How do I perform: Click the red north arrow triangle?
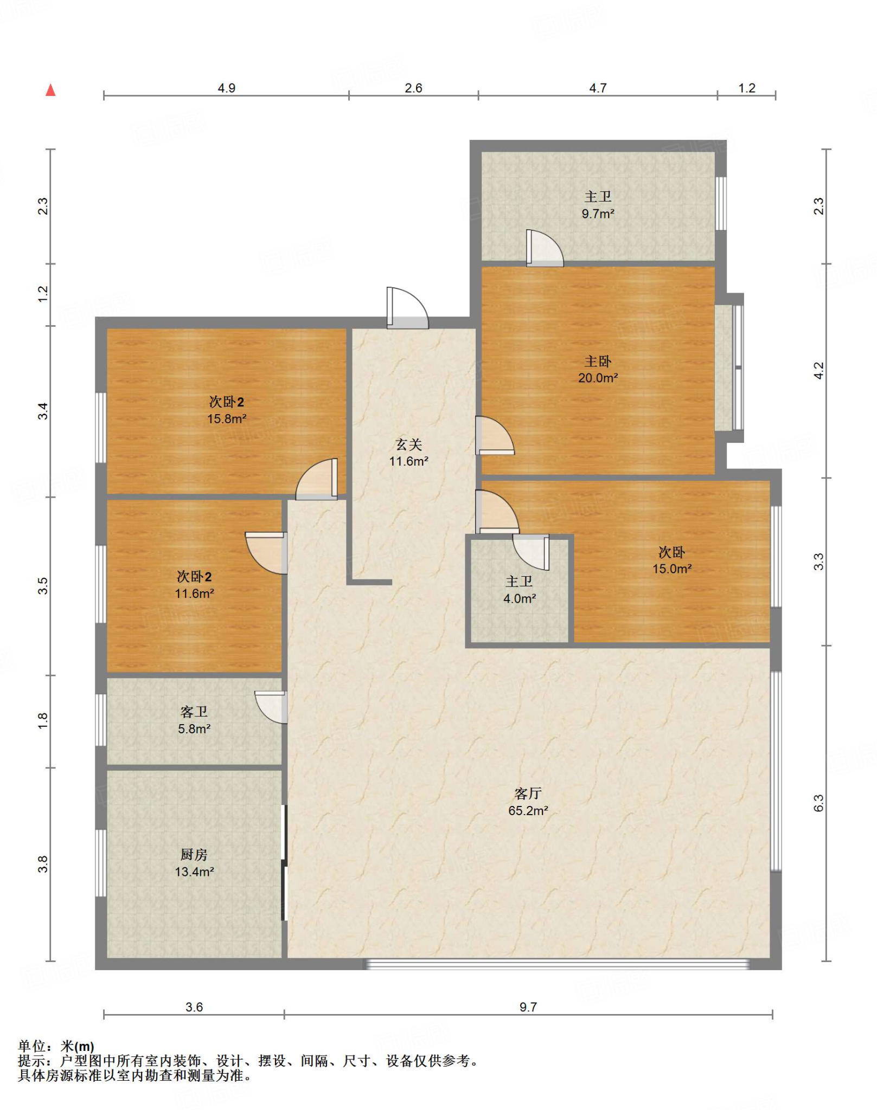point(50,90)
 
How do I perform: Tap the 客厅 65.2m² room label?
point(528,802)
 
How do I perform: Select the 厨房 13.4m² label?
point(194,863)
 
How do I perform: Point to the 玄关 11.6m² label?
point(408,453)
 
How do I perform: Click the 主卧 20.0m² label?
point(598,369)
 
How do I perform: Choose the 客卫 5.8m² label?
point(194,720)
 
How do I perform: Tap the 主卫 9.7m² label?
point(598,205)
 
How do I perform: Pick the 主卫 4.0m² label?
point(519,590)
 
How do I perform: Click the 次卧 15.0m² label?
point(671,560)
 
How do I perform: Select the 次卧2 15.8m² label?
point(227,410)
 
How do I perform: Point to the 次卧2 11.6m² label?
point(194,584)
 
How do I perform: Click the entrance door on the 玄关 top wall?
point(407,308)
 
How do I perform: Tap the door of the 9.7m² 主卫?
point(545,248)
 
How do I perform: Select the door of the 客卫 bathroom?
point(271,707)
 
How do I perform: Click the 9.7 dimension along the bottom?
point(528,1007)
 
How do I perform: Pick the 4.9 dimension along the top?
point(226,88)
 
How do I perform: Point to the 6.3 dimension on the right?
point(818,803)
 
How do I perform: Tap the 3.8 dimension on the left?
point(43,864)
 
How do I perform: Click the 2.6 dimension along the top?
point(413,88)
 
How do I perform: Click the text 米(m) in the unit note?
point(77,1046)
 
